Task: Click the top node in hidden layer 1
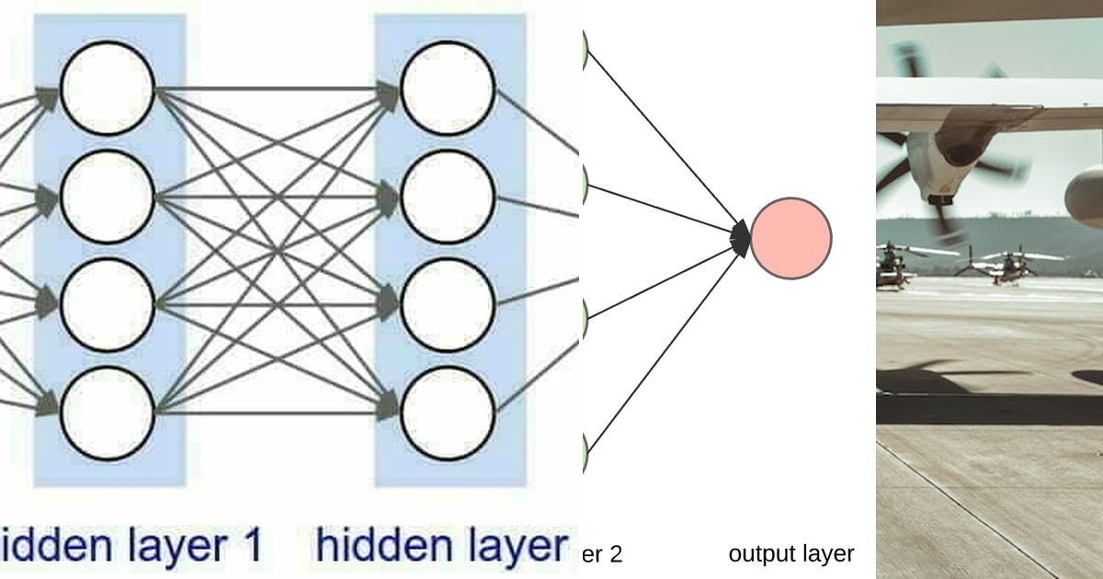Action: click(107, 89)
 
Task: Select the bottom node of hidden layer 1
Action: click(107, 414)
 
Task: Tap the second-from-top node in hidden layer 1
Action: click(107, 197)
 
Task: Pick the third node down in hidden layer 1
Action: click(107, 305)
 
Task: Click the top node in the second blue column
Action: click(448, 89)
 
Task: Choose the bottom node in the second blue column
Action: click(448, 414)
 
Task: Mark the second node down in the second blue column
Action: click(448, 197)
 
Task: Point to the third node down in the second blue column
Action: click(448, 305)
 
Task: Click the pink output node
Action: click(790, 238)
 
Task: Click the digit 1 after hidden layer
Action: click(251, 546)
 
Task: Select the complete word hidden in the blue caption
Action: click(376, 546)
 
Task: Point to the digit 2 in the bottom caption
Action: click(616, 554)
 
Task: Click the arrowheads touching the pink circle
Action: click(741, 238)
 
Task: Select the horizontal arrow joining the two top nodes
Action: click(276, 89)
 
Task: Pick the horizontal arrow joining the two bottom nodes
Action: click(276, 414)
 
